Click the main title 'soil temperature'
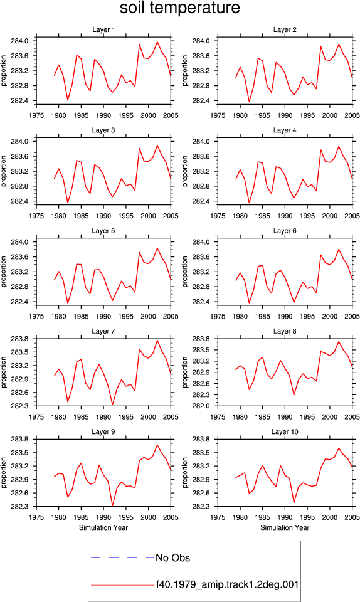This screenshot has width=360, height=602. tap(179, 8)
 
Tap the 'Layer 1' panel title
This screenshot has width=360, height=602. tap(103, 29)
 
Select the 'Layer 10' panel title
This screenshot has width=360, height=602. tap(284, 431)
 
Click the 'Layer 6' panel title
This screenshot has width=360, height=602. tap(284, 230)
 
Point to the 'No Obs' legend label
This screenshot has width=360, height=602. tap(172, 557)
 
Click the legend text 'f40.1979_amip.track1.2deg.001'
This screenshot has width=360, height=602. tap(227, 584)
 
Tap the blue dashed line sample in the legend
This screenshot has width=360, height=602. tap(123, 557)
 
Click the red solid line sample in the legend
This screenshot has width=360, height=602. tap(123, 585)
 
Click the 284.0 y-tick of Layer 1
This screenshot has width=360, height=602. tap(19, 41)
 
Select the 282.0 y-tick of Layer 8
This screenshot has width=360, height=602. tap(201, 406)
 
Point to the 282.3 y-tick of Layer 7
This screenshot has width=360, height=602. tap(19, 406)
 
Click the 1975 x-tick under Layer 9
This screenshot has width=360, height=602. tap(36, 517)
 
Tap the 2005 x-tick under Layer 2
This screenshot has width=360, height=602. tap(352, 115)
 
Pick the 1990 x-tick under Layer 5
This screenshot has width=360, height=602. tap(103, 316)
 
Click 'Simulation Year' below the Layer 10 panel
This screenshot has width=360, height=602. tap(284, 527)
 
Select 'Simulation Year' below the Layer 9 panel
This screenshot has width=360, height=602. tap(103, 527)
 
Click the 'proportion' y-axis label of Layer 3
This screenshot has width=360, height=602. tap(4, 171)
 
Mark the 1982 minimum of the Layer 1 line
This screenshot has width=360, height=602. tap(68, 100)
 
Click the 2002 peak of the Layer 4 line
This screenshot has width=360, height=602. tap(339, 146)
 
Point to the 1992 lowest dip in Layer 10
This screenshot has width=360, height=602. tap(294, 502)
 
